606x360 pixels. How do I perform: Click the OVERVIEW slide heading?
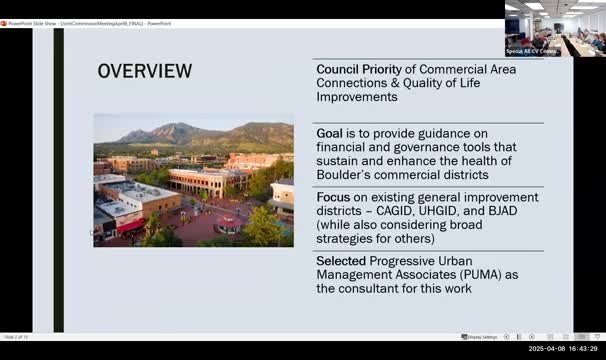point(144,71)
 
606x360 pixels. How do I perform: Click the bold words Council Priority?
point(359,68)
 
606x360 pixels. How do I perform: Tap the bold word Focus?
point(334,196)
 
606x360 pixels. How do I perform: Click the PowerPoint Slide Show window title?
point(90,23)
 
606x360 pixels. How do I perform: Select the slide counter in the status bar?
point(15,336)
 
